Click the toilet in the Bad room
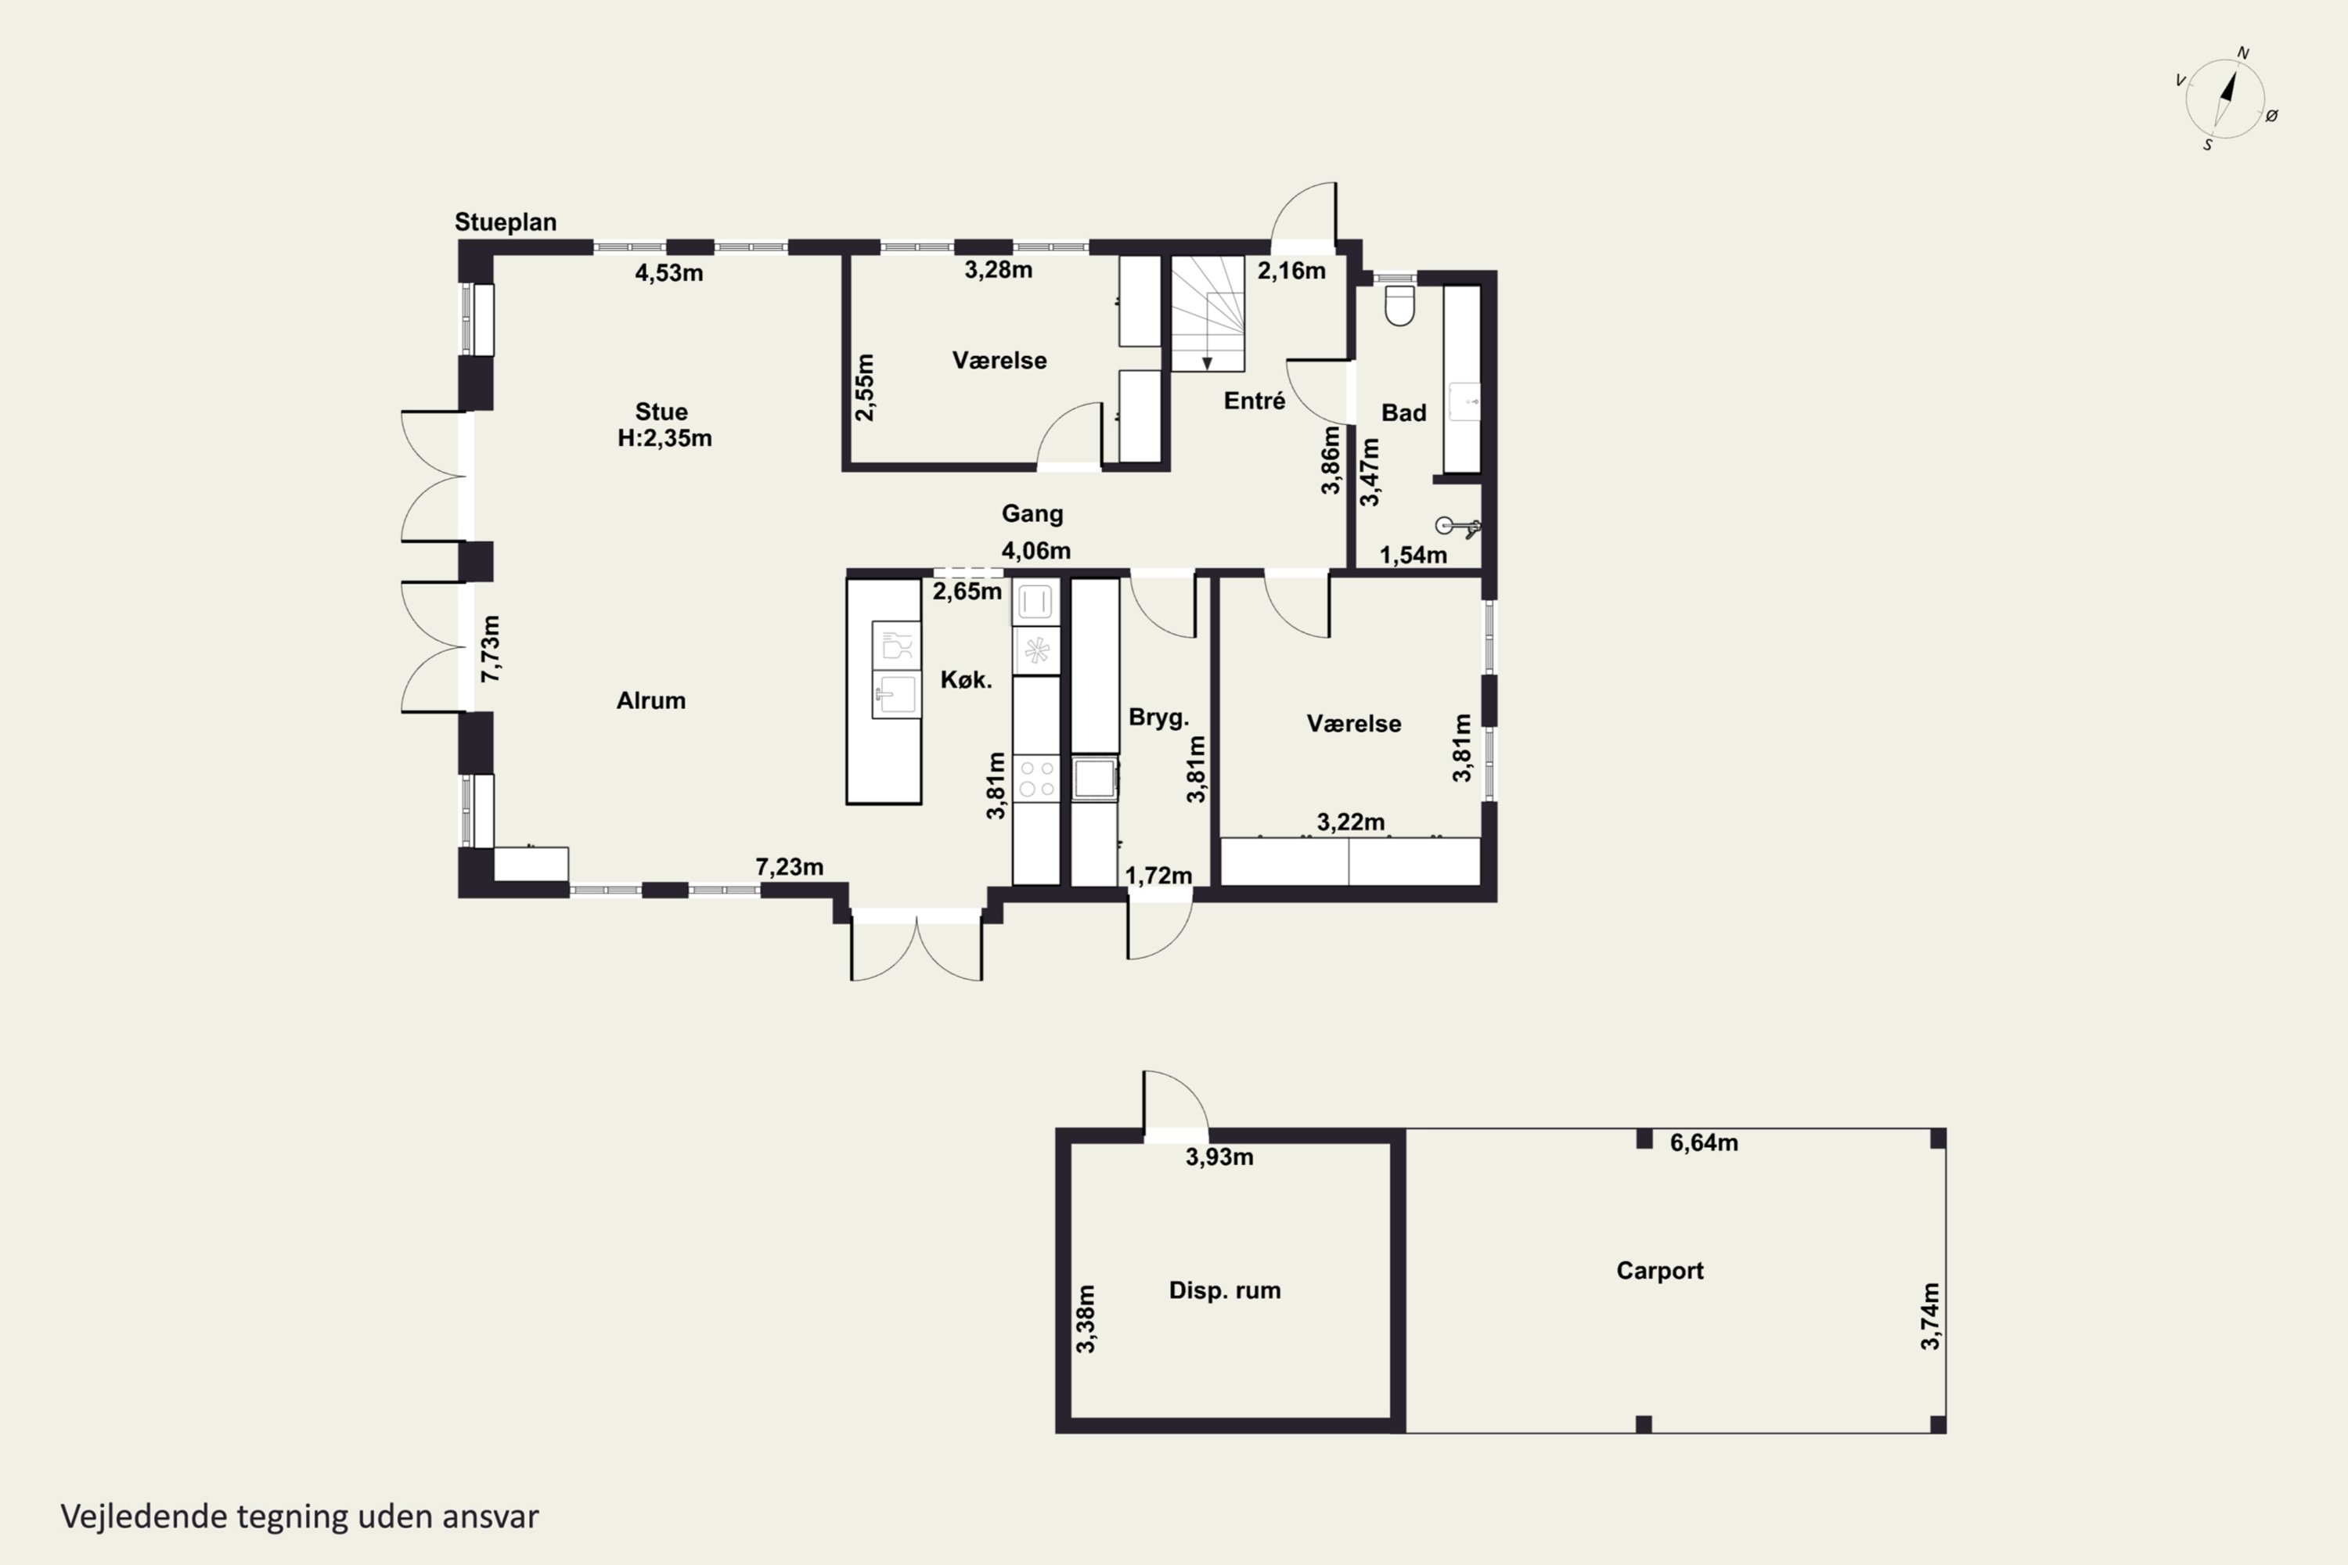[1399, 305]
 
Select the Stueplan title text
[505, 221]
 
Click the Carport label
[1659, 1271]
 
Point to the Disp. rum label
[1225, 1290]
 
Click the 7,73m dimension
[490, 649]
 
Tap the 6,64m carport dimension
[1704, 1142]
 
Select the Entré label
[1254, 400]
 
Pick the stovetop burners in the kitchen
[1036, 779]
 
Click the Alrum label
[651, 700]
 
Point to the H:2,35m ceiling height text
[664, 438]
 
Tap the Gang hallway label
[1032, 513]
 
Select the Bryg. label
[1159, 718]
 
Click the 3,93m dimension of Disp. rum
[1219, 1157]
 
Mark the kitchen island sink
[895, 693]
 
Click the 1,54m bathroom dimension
[1413, 555]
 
